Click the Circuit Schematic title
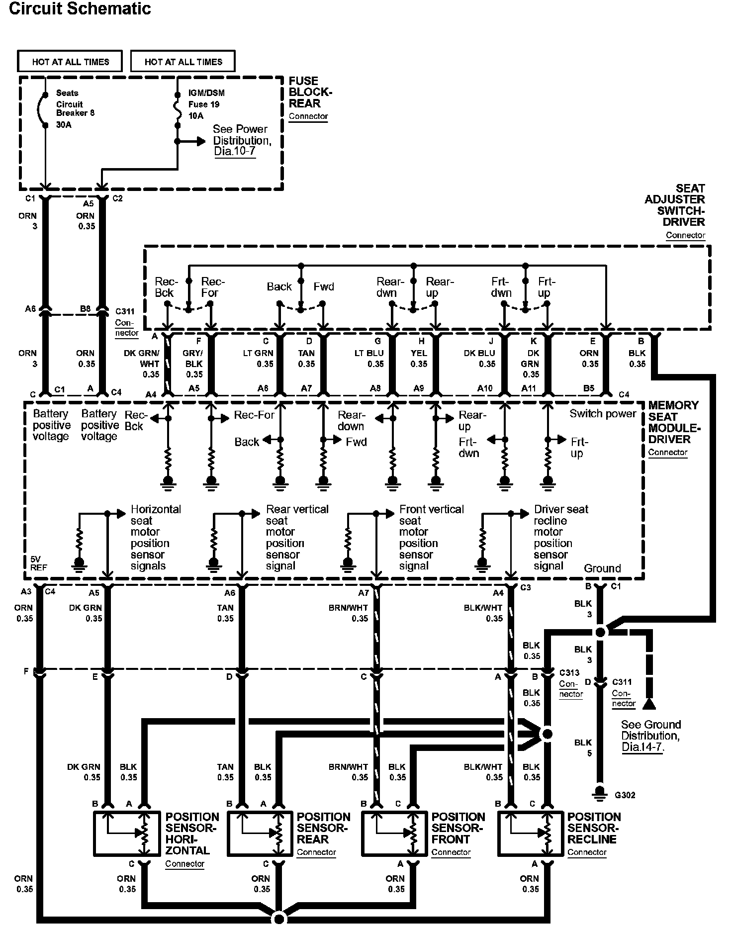tap(80, 9)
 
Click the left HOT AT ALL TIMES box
tap(70, 62)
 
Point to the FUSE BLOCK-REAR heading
tap(310, 93)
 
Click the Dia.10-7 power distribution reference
tap(235, 152)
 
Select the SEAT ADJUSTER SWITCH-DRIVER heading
tap(675, 205)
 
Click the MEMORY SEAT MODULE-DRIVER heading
tap(673, 422)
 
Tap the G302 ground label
tap(625, 795)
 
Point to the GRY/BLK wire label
tap(194, 359)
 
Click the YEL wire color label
tap(419, 353)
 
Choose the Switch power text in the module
tap(603, 414)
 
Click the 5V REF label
tap(35, 563)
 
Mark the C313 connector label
tap(569, 673)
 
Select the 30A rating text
tap(64, 125)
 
